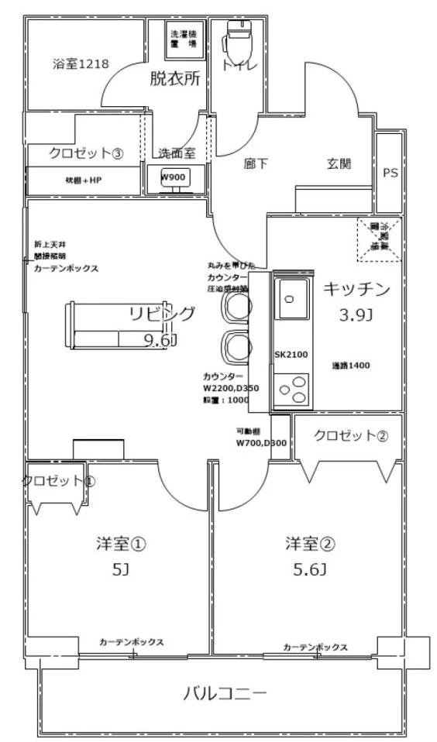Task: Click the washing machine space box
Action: [184, 40]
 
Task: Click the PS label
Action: [390, 173]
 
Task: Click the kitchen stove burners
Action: [292, 388]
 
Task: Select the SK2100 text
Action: [291, 355]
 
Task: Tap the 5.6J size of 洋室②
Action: [309, 570]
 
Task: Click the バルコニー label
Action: [225, 692]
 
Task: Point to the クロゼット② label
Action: [349, 435]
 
